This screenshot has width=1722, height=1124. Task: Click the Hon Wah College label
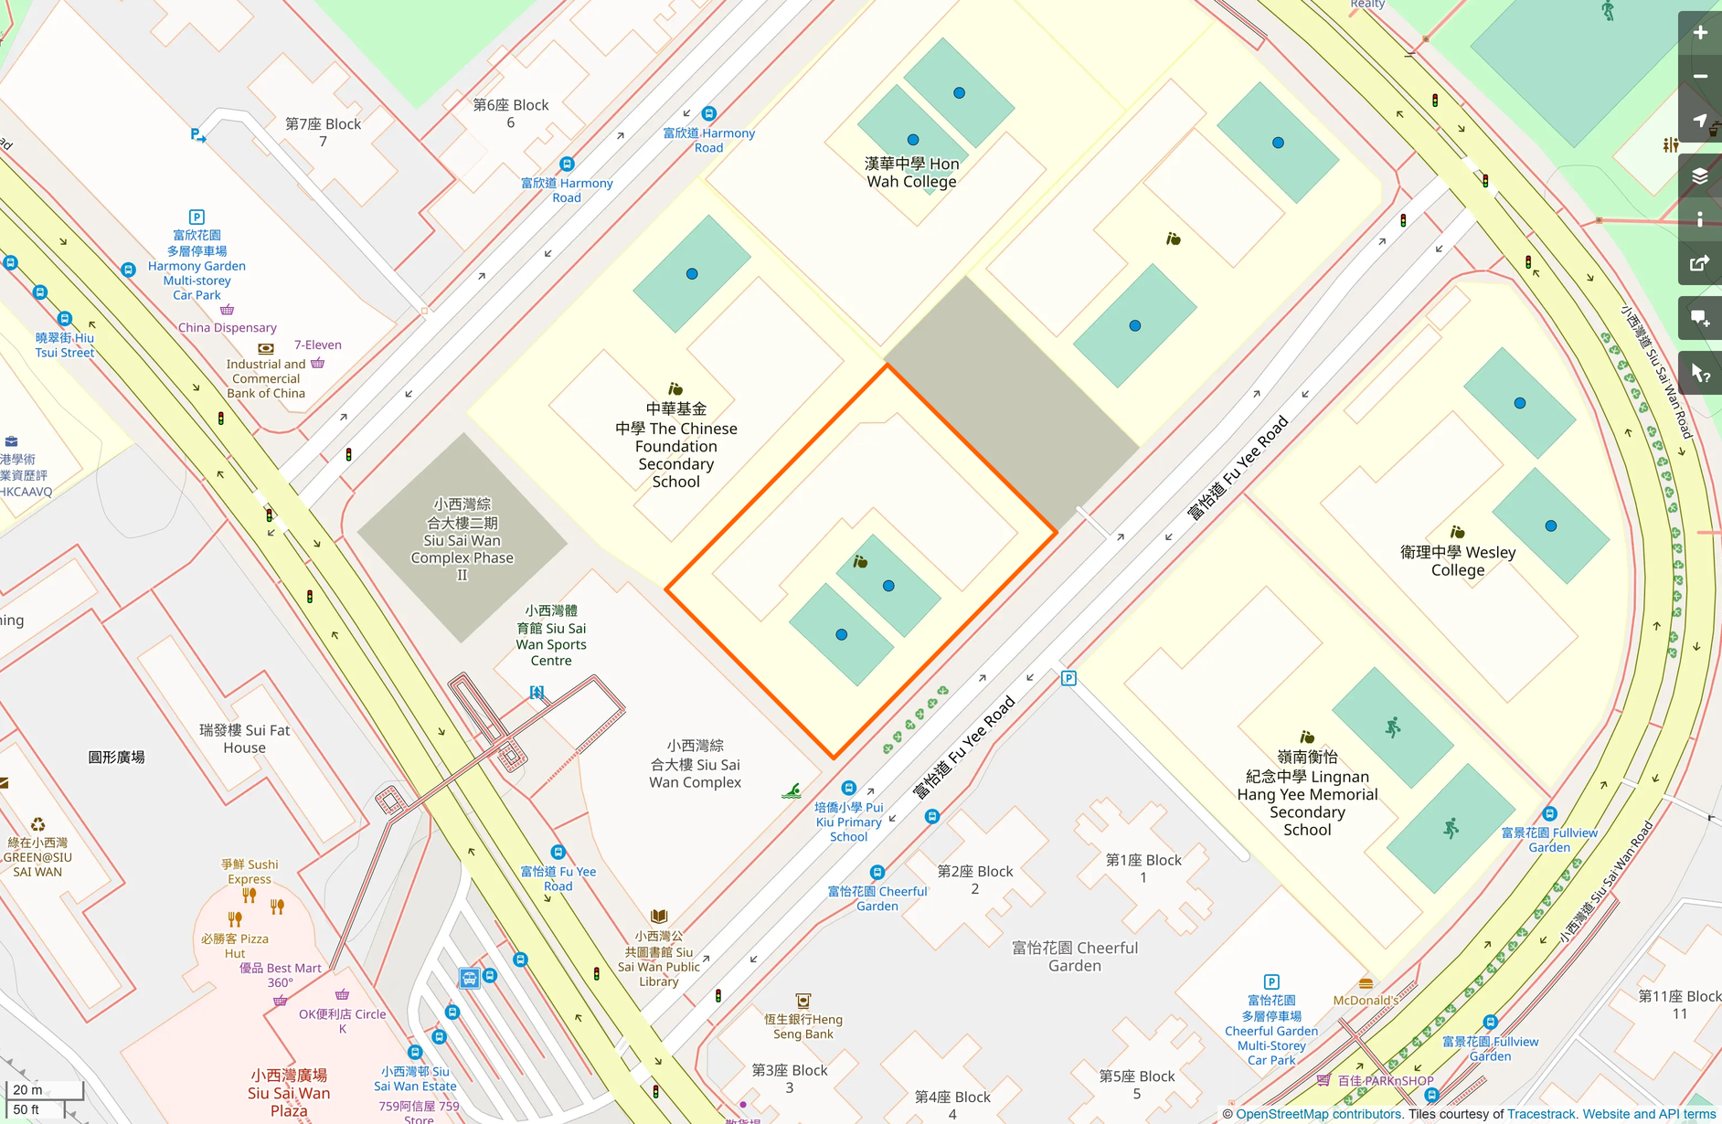click(x=911, y=173)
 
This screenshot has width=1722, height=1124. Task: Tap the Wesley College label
click(x=1458, y=561)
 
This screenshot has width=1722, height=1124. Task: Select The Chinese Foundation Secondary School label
click(x=675, y=445)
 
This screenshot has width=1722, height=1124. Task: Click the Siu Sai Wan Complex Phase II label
click(x=462, y=539)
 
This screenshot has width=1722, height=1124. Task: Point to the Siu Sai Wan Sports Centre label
click(x=551, y=635)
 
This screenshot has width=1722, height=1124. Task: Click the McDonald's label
click(x=1366, y=1000)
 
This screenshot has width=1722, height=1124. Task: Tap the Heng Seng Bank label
click(x=803, y=1026)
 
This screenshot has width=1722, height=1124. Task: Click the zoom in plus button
click(x=1700, y=33)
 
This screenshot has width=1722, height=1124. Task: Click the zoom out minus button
click(x=1700, y=77)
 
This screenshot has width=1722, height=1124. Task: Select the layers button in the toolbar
click(x=1700, y=176)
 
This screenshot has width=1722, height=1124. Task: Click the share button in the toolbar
click(x=1700, y=264)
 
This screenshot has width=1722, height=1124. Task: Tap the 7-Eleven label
click(x=317, y=345)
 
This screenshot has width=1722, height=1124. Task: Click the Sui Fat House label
click(x=244, y=738)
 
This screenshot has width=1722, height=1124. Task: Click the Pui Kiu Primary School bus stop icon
click(x=848, y=788)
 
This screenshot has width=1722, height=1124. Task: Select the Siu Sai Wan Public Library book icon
click(x=659, y=916)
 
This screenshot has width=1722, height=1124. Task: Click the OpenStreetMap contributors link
click(x=1318, y=1114)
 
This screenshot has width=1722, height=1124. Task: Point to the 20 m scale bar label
click(x=27, y=1089)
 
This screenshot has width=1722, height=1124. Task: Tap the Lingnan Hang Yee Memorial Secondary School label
click(x=1307, y=793)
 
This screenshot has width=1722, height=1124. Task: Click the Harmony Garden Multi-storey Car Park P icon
click(x=197, y=217)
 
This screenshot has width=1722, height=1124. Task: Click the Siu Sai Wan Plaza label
click(x=289, y=1093)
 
